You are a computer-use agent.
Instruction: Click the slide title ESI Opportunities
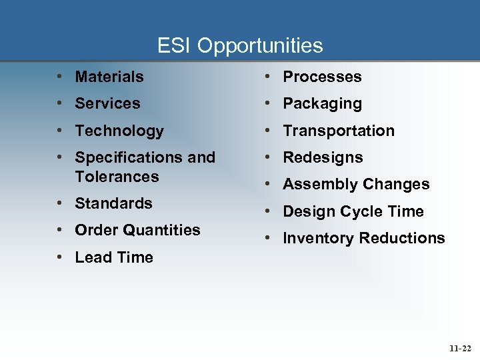[x=240, y=45]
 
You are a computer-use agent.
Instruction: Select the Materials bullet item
[x=109, y=77]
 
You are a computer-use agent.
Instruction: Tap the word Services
[x=107, y=103]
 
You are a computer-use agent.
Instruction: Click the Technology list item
[x=119, y=131]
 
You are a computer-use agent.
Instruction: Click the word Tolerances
[x=117, y=177]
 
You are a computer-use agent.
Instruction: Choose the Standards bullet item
[x=113, y=203]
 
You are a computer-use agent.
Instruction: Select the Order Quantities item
[x=137, y=230]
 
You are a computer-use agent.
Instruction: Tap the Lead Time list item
[x=114, y=257]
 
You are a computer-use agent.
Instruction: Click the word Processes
[x=322, y=77]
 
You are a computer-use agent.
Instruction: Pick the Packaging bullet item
[x=322, y=103]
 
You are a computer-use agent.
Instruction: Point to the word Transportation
[x=339, y=131]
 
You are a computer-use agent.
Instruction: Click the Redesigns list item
[x=323, y=157]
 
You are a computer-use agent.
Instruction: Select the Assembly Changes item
[x=356, y=184]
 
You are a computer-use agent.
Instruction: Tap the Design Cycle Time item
[x=353, y=211]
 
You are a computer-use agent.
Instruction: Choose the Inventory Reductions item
[x=363, y=238]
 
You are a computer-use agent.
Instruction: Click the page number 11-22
[x=459, y=347]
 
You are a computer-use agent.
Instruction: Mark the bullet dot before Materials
[x=61, y=77]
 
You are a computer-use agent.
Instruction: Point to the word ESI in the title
[x=175, y=45]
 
